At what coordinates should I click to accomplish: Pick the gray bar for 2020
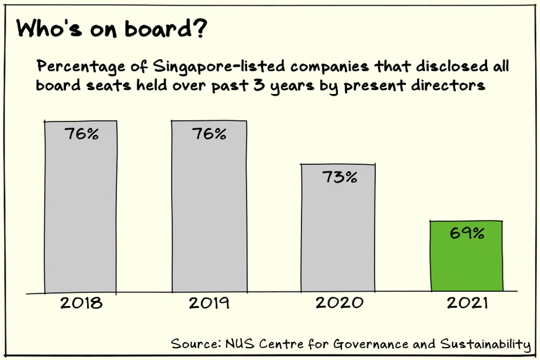click(x=337, y=236)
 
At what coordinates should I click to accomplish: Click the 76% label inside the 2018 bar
click(x=81, y=134)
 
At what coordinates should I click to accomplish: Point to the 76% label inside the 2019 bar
click(x=209, y=134)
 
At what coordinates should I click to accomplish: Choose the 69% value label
click(x=467, y=233)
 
